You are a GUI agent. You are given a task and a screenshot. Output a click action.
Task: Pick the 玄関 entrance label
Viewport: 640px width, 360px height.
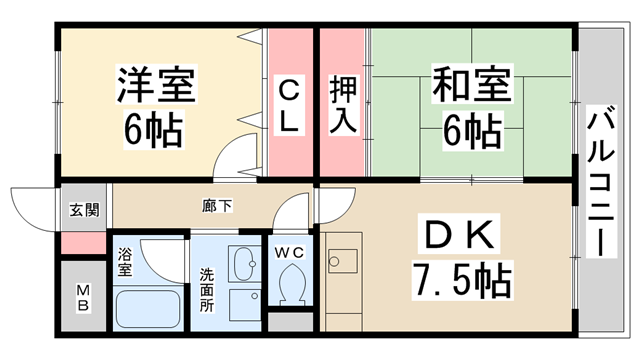(84, 210)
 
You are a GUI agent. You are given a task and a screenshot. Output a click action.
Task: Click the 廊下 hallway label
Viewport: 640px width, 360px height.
(218, 206)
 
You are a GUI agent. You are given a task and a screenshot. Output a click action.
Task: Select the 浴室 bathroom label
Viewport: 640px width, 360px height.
(125, 262)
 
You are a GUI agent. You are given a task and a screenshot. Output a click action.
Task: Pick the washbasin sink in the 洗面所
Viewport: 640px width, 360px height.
(243, 263)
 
